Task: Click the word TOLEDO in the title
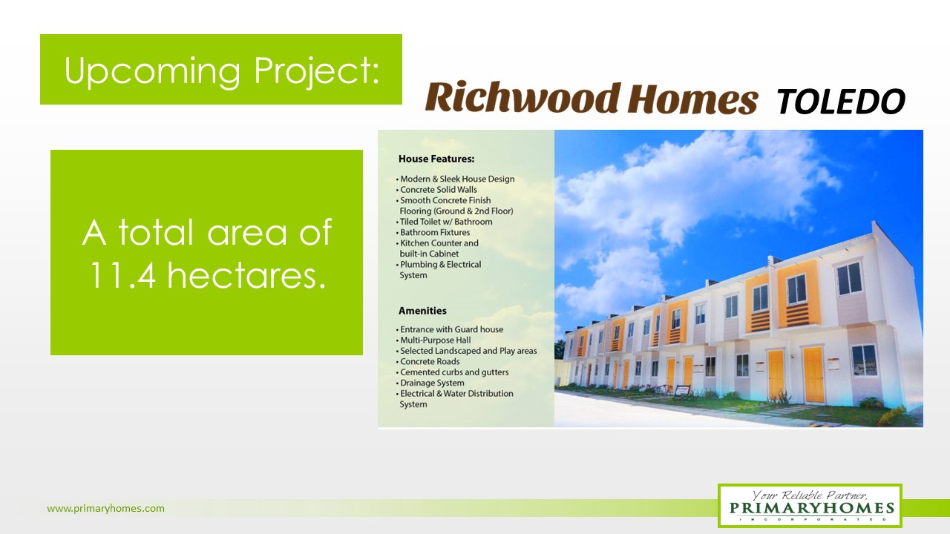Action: coord(841,102)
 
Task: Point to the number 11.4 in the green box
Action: coord(122,275)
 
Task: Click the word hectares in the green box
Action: coord(246,275)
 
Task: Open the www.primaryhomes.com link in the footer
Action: coord(105,508)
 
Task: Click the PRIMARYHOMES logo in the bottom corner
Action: coord(810,506)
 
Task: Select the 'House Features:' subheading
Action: coord(436,159)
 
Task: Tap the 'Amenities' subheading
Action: coord(422,311)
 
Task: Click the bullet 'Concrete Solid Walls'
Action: coord(437,189)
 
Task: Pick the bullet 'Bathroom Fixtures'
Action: coord(433,232)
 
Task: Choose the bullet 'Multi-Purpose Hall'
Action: coord(434,340)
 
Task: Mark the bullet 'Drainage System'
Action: coord(430,383)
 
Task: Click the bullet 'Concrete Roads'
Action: coord(428,361)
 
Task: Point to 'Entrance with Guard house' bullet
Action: coord(450,329)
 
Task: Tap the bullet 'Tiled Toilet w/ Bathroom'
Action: coord(445,222)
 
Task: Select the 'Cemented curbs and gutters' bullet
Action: coord(453,372)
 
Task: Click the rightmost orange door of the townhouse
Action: coord(813,375)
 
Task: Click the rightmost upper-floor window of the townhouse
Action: coord(849,278)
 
